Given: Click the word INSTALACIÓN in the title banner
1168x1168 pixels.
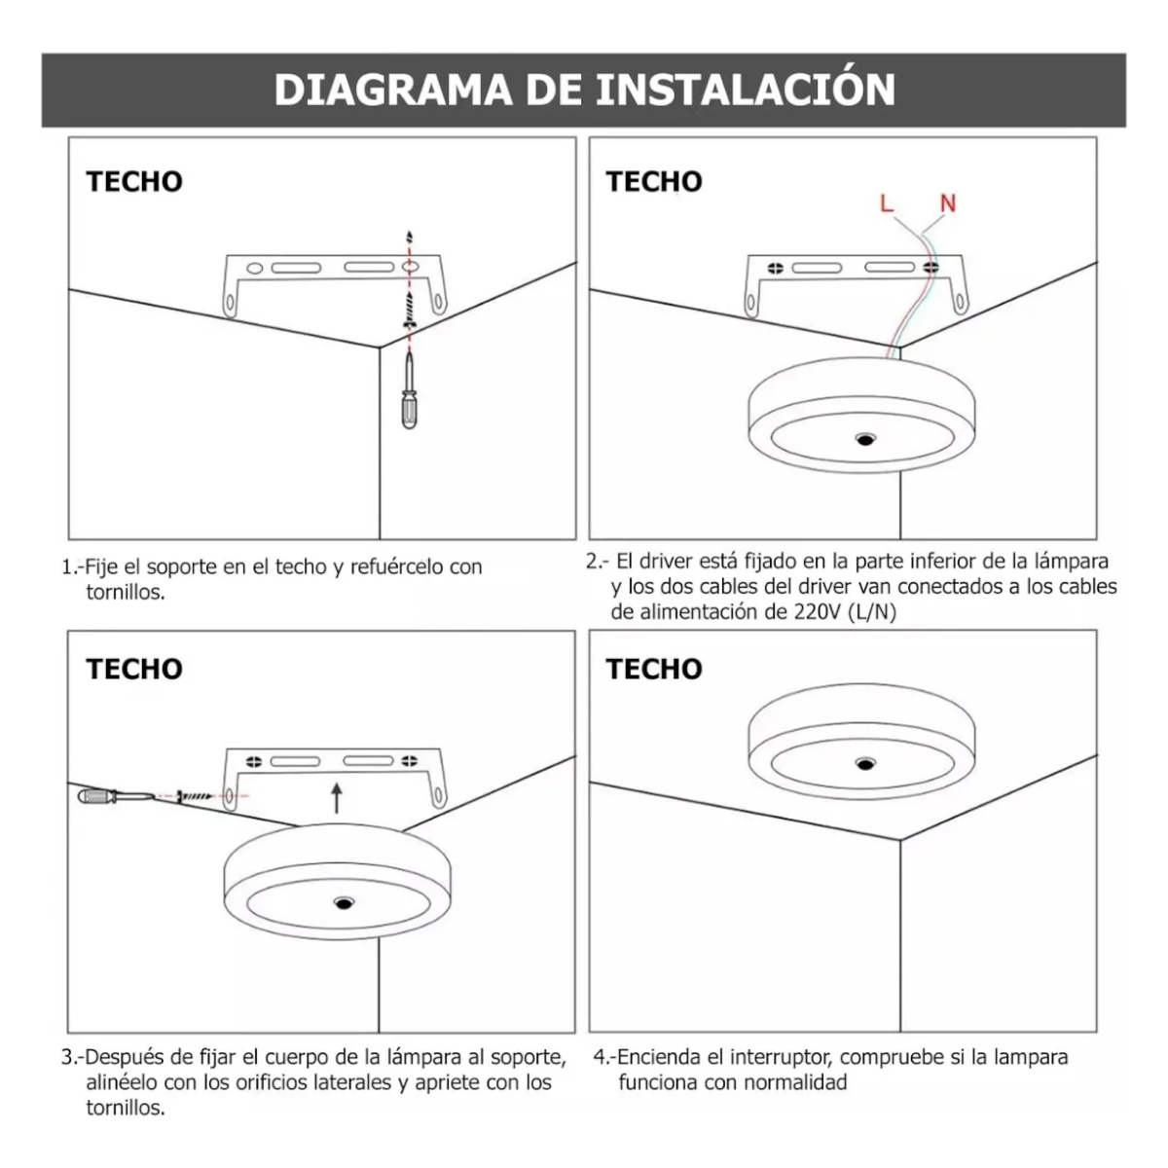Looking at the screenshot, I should pyautogui.click(x=745, y=90).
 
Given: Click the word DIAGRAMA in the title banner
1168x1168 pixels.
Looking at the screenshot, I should pyautogui.click(x=392, y=90).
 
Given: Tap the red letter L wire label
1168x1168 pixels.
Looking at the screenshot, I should pyautogui.click(x=886, y=203).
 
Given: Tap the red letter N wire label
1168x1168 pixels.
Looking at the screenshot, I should pyautogui.click(x=947, y=203).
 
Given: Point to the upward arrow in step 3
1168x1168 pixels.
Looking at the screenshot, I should pyautogui.click(x=337, y=798).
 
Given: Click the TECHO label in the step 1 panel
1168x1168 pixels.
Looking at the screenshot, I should pyautogui.click(x=134, y=182).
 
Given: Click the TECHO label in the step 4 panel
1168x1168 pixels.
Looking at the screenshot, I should pyautogui.click(x=654, y=669).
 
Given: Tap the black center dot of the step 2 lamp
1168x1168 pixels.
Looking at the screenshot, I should pyautogui.click(x=863, y=440).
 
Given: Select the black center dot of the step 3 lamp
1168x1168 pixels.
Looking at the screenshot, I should pyautogui.click(x=343, y=904).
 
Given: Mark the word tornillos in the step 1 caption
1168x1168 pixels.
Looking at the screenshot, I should pyautogui.click(x=124, y=592).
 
